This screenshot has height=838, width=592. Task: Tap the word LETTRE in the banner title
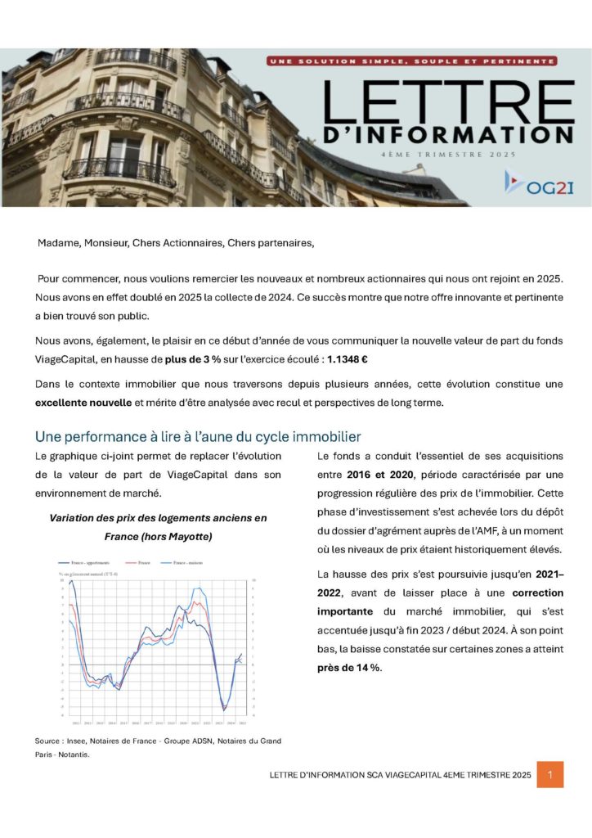[449, 101]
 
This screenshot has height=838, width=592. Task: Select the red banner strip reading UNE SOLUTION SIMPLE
[412, 61]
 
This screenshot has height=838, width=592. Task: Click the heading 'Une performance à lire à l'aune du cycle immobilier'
[197, 436]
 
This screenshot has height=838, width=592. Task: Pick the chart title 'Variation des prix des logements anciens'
[158, 518]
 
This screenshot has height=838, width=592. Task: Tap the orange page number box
[549, 774]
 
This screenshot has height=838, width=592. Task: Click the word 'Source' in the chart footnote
[49, 741]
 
